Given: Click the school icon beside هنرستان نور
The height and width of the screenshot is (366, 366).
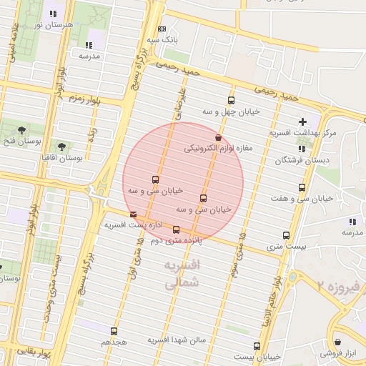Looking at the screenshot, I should tap(52, 14).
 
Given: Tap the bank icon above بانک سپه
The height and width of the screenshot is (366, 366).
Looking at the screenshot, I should tap(163, 29).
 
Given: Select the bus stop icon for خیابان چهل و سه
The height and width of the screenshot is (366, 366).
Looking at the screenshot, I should tap(230, 100).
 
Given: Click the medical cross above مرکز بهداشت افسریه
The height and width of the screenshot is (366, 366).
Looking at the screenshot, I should tap(303, 122).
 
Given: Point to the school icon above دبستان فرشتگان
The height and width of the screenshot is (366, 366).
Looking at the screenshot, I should tap(302, 149).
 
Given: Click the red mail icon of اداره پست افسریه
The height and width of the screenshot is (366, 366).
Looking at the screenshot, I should tap(133, 214).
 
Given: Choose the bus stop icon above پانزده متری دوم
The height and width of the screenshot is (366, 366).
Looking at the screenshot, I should tap(176, 229).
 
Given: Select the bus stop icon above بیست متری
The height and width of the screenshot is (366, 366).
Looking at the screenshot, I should tap(287, 235).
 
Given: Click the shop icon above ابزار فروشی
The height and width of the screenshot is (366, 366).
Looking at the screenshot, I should tap(337, 342).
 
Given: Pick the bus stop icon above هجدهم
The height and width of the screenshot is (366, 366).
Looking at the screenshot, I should tap(114, 331).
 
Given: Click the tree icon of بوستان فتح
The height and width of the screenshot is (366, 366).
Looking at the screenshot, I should tap(21, 129).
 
